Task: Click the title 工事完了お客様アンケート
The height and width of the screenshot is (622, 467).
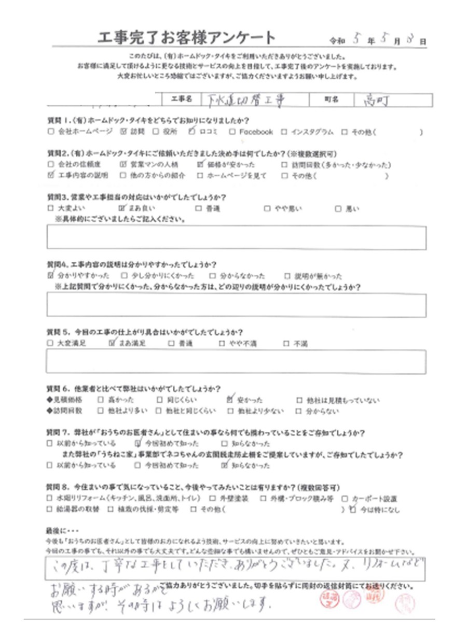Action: point(186,38)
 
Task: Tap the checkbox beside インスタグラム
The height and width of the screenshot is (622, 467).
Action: point(284,132)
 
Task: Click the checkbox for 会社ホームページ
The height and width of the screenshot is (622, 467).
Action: point(50,132)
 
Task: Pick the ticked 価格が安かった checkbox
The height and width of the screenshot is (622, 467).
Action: point(201,165)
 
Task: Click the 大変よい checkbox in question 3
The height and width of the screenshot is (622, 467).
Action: point(50,209)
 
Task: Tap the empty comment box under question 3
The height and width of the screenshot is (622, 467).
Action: point(236,238)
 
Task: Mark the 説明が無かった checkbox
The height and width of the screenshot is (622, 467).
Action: point(287,276)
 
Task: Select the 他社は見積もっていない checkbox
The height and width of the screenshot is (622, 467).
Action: point(299,400)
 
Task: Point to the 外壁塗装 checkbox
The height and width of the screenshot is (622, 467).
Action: point(217,499)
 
